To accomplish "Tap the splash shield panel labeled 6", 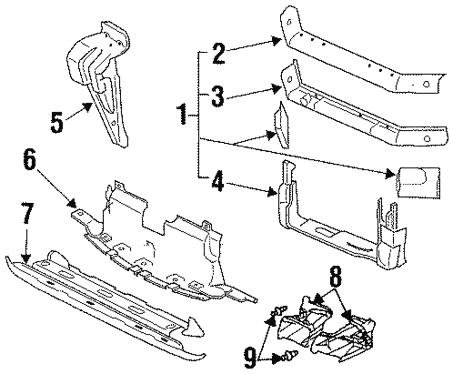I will pos(154,240).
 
